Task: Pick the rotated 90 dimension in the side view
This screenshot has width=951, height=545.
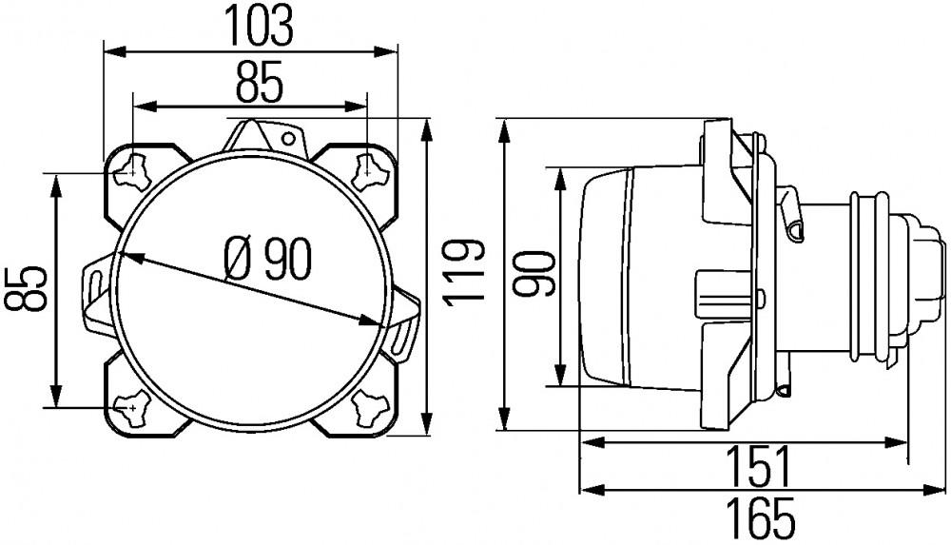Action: click(536, 275)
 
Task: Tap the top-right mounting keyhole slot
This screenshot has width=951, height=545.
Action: click(367, 172)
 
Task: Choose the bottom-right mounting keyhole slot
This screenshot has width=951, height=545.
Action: click(367, 409)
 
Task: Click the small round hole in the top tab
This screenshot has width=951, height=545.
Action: click(285, 138)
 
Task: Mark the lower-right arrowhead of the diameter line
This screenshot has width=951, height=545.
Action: click(374, 321)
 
